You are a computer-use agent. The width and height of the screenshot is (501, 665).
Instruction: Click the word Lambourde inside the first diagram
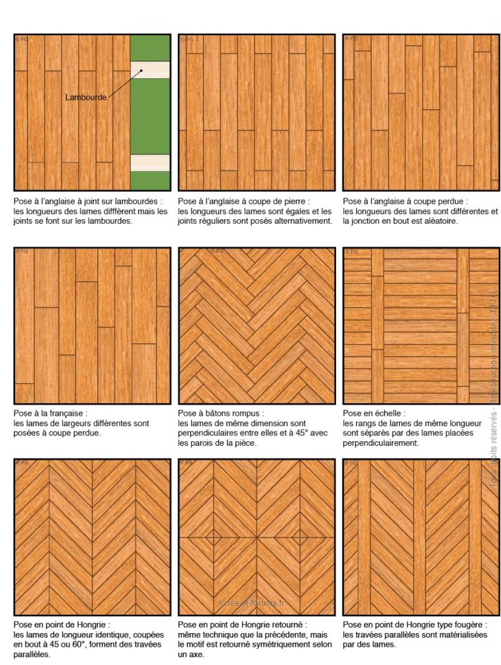85,97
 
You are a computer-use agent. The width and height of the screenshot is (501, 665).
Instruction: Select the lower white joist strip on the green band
150,162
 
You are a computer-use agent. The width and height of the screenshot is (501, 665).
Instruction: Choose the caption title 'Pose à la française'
50,413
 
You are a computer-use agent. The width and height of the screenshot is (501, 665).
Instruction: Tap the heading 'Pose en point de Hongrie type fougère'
414,625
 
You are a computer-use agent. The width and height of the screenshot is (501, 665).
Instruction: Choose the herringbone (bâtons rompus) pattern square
257,326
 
